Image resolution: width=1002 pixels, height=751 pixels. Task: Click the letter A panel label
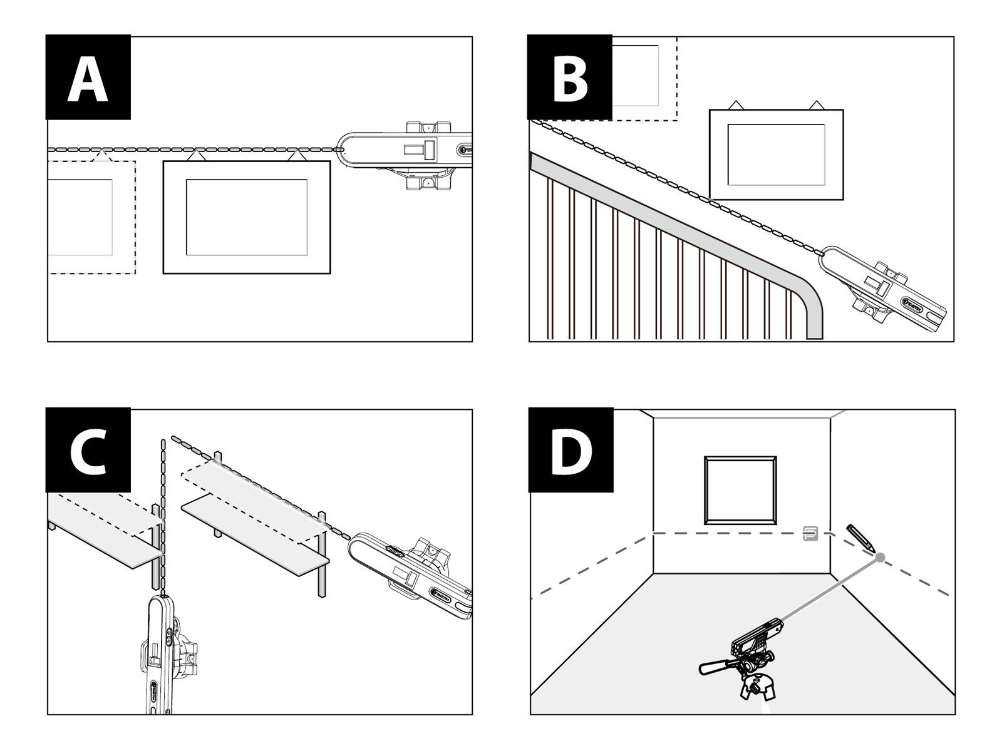point(88,78)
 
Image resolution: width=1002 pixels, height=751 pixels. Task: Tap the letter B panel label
point(569,78)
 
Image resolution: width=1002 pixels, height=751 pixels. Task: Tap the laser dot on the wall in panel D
point(880,557)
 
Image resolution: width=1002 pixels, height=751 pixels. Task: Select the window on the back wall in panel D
point(741,490)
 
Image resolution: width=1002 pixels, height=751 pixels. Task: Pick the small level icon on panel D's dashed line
point(810,533)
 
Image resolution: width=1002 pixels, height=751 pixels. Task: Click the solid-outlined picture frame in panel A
point(246,217)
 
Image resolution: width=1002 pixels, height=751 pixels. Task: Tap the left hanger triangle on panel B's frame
point(736,105)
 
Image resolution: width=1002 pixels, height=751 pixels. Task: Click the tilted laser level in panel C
point(413,573)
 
